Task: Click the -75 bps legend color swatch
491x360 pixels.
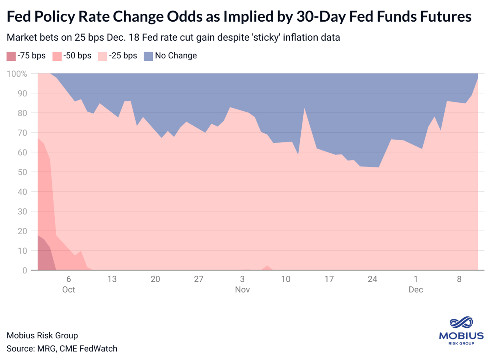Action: pyautogui.click(x=11, y=56)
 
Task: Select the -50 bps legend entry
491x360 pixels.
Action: pyautogui.click(x=72, y=56)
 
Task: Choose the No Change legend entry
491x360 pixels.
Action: pyautogui.click(x=170, y=56)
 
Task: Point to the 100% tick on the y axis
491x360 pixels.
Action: pyautogui.click(x=17, y=74)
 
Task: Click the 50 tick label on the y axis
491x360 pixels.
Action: pyautogui.click(x=22, y=172)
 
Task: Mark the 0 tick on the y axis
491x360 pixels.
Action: pyautogui.click(x=25, y=270)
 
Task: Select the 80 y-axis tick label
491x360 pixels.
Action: pyautogui.click(x=22, y=113)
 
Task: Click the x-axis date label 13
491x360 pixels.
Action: pyautogui.click(x=112, y=279)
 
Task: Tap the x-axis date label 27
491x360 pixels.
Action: pyautogui.click(x=199, y=279)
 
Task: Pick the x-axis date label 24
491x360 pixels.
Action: pyautogui.click(x=372, y=279)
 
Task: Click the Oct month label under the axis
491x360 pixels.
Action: pyautogui.click(x=68, y=290)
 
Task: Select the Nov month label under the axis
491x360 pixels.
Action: pyautogui.click(x=242, y=290)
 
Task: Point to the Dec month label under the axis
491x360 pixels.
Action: pyautogui.click(x=416, y=290)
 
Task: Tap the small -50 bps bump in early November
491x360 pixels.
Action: pyautogui.click(x=267, y=267)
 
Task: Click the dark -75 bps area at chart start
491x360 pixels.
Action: pyautogui.click(x=44, y=254)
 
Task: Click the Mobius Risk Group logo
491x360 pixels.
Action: pyautogui.click(x=461, y=330)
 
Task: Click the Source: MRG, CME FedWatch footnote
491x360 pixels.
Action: pyautogui.click(x=62, y=349)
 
